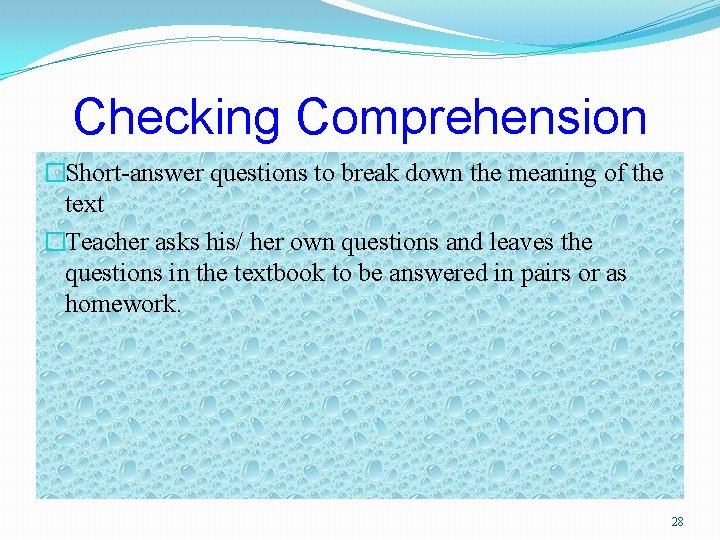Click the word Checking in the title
coord(176,117)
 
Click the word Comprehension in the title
coord(472,117)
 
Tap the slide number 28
coord(677,522)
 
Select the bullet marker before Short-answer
coord(56,173)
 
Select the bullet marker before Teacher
coord(56,243)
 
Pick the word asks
coord(178,243)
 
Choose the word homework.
coord(123,303)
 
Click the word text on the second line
coord(84,203)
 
